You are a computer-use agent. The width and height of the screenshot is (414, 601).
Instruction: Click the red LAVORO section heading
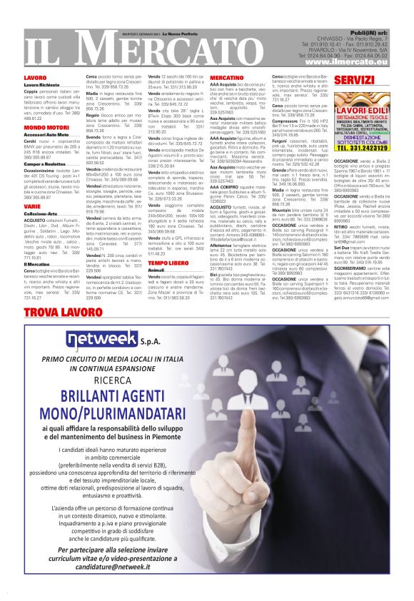pyautogui.click(x=35, y=76)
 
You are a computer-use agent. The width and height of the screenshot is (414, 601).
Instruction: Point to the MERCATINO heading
pyautogui.click(x=227, y=76)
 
